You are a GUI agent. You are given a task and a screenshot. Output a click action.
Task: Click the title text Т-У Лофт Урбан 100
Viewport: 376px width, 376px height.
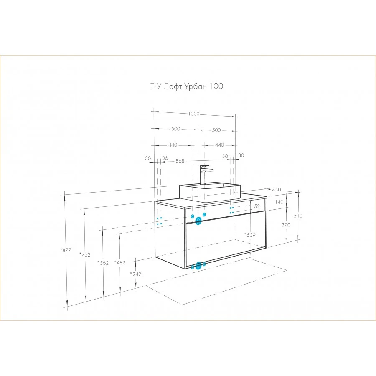click(187, 86)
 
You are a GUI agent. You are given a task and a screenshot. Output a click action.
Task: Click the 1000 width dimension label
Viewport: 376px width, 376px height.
click(194, 114)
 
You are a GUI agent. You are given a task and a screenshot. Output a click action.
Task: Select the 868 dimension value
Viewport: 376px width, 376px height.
click(180, 161)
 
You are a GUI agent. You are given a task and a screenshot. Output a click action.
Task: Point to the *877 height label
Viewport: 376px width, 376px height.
click(66, 250)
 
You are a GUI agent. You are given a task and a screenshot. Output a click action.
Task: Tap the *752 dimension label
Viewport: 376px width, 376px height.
click(85, 254)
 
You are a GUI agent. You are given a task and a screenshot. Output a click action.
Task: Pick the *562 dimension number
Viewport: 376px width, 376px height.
click(103, 263)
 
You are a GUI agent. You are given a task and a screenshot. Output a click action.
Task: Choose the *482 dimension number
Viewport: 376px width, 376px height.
click(119, 263)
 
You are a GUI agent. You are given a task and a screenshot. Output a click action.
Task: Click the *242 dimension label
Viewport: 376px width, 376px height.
click(135, 274)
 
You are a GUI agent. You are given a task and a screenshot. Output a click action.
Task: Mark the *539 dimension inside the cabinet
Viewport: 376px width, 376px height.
click(250, 235)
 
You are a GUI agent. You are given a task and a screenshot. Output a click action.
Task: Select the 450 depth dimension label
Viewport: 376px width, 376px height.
click(277, 189)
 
